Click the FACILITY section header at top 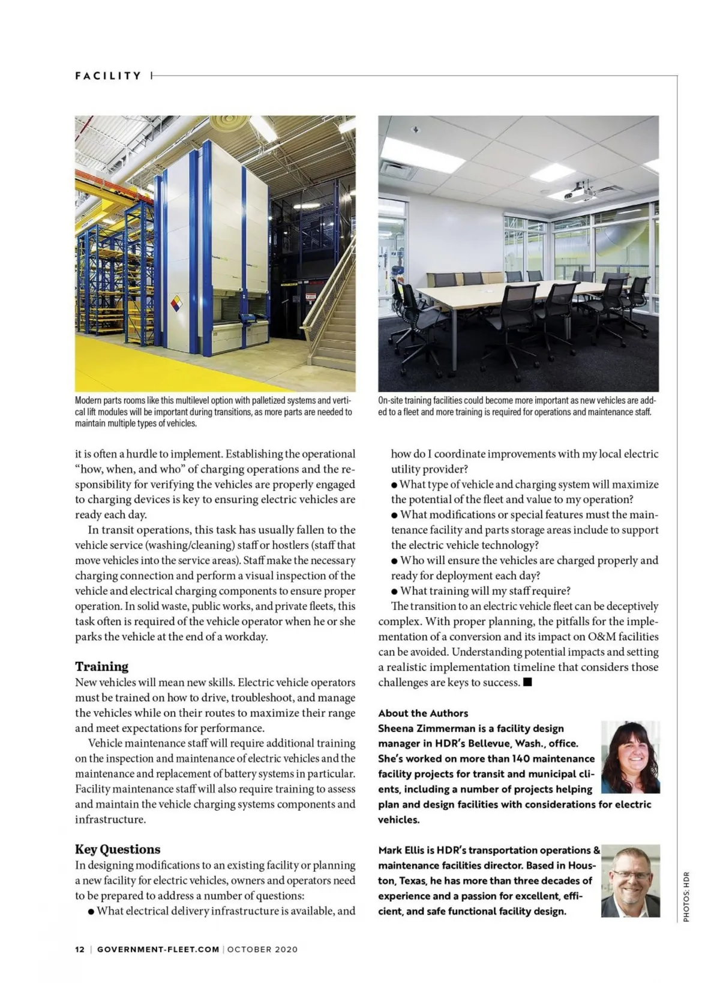[108, 76]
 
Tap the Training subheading [101, 666]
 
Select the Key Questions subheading [118, 849]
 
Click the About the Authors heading [423, 713]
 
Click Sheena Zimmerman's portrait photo [630, 757]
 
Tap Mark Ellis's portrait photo [630, 880]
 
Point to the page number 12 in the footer [80, 949]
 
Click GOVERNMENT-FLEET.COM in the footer [158, 949]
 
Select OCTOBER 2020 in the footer [262, 949]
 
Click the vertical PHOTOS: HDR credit [686, 896]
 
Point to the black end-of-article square [527, 682]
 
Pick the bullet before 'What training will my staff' [394, 591]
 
